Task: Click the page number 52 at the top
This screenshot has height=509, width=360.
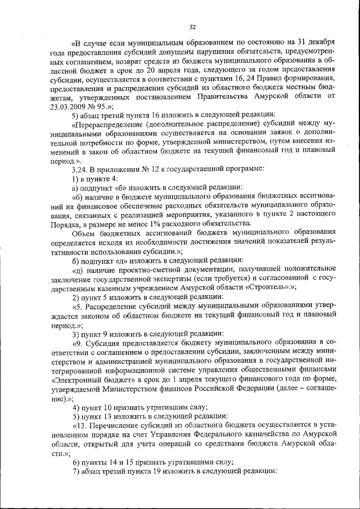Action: [192, 26]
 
